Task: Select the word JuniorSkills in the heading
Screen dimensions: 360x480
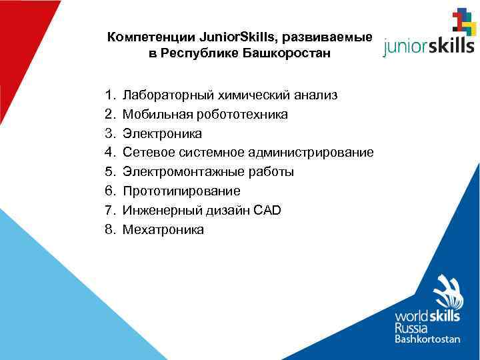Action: [228, 38]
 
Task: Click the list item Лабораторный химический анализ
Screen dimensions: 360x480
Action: [230, 95]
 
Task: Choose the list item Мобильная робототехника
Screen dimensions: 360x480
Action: [206, 115]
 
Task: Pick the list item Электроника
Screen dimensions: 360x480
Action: [163, 134]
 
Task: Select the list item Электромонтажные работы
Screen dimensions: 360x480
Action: [209, 172]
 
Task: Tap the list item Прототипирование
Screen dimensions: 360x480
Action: [182, 191]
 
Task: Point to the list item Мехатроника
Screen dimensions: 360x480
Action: [164, 230]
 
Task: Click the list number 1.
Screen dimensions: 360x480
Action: [109, 95]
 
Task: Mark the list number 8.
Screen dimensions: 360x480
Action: [109, 230]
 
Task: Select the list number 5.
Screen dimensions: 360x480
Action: [109, 172]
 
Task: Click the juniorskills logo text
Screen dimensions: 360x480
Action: [428, 45]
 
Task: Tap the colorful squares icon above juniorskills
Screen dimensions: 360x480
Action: [463, 21]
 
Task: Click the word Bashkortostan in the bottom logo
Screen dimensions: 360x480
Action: [427, 339]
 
